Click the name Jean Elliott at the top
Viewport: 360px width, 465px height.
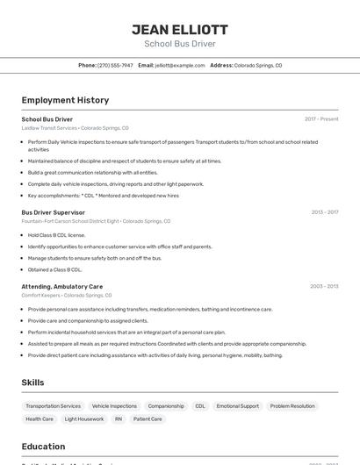click(179, 29)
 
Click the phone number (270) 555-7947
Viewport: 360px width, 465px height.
click(115, 66)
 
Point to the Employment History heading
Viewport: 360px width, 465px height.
click(65, 100)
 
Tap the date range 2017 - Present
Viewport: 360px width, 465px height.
click(321, 119)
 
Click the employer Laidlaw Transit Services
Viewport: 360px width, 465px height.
click(49, 128)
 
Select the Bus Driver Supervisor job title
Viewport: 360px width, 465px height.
click(54, 212)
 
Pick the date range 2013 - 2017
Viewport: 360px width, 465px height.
click(325, 212)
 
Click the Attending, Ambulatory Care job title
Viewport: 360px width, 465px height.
click(62, 286)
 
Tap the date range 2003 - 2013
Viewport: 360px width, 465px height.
click(324, 286)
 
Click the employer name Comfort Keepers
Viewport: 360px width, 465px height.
click(40, 296)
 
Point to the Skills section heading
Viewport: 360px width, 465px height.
click(33, 383)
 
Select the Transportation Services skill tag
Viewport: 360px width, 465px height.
click(53, 406)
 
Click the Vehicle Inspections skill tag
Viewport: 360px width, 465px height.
click(114, 406)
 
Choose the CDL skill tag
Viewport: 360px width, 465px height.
click(200, 406)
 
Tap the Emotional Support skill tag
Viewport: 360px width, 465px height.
click(238, 406)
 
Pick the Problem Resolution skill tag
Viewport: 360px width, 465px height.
click(292, 406)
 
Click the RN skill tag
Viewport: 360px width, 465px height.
click(119, 419)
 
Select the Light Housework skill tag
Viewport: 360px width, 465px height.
click(84, 419)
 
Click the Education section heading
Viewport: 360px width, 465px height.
click(43, 447)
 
